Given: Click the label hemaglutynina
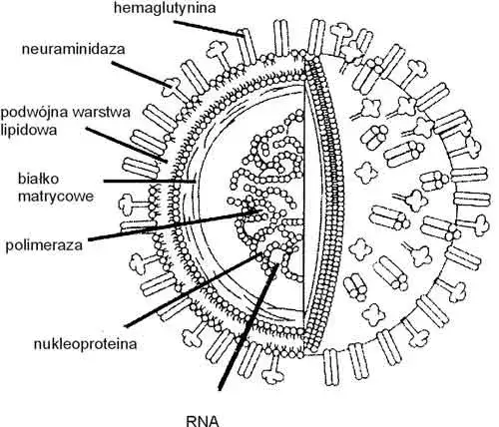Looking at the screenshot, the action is pyautogui.click(x=165, y=8).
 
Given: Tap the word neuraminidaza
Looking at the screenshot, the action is pyautogui.click(x=74, y=49).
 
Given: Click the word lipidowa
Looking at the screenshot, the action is pyautogui.click(x=29, y=130).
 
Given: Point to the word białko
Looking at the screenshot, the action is pyautogui.click(x=38, y=179).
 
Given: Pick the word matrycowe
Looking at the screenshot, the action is pyautogui.click(x=56, y=197).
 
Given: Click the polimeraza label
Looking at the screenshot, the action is pyautogui.click(x=44, y=245).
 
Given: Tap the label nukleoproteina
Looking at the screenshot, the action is pyautogui.click(x=85, y=344).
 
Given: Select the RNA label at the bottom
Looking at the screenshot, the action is pyautogui.click(x=203, y=421).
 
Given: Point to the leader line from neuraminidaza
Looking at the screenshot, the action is pyautogui.click(x=142, y=74).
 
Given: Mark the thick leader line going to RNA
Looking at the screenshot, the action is pyautogui.click(x=248, y=326).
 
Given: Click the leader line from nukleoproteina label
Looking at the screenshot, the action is pyautogui.click(x=194, y=290).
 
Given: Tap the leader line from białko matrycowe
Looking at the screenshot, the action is pyautogui.click(x=150, y=182).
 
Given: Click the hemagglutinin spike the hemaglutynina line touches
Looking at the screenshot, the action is pyautogui.click(x=247, y=47).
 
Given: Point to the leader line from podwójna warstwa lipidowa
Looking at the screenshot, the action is pyautogui.click(x=127, y=145).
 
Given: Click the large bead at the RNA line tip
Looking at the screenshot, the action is pyautogui.click(x=276, y=256).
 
